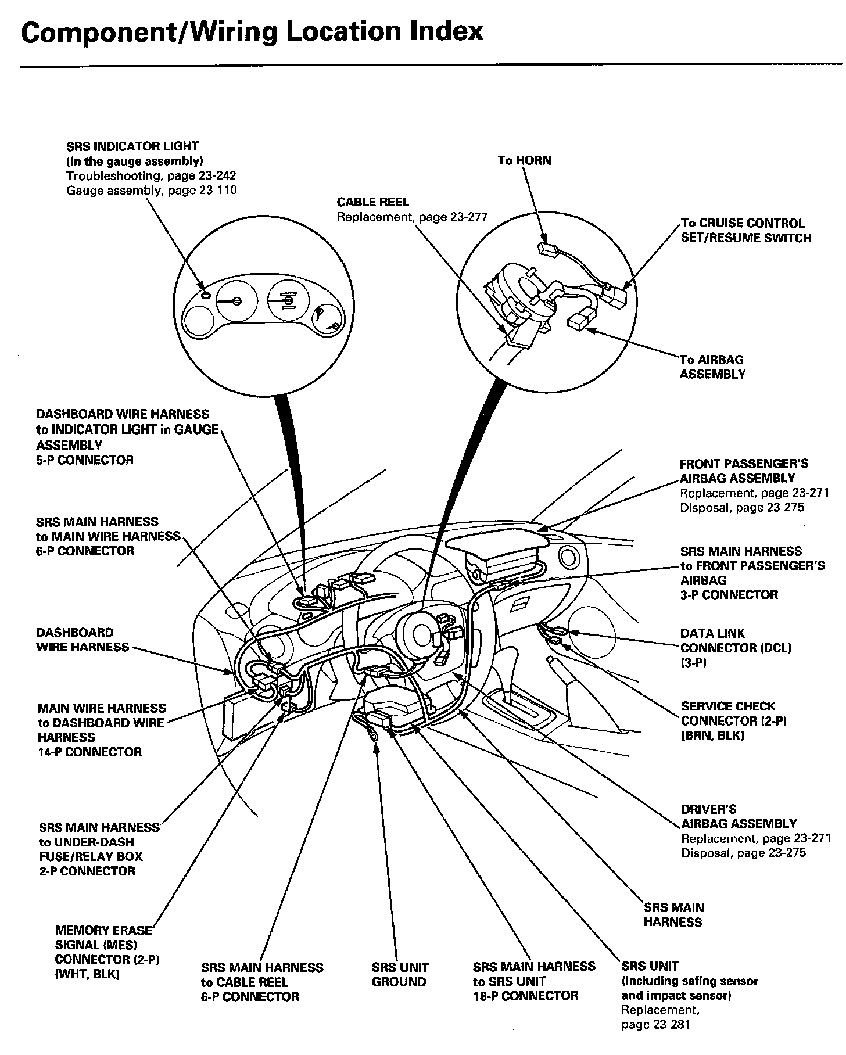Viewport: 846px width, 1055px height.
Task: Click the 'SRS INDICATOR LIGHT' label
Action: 132,146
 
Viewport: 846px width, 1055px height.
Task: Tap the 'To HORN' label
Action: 524,160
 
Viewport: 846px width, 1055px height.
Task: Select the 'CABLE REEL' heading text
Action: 372,202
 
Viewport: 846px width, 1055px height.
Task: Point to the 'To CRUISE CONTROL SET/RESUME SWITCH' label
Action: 745,231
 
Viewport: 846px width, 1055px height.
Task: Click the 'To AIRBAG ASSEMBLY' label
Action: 712,367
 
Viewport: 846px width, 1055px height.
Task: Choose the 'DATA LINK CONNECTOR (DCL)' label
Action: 736,641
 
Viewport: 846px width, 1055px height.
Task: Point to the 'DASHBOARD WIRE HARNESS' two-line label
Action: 83,640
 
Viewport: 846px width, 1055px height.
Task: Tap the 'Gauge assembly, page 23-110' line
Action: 151,190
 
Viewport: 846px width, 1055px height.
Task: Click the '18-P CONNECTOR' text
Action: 526,996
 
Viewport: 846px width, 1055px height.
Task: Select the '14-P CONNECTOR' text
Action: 89,752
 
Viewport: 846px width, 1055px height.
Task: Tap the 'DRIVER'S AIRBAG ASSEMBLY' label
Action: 739,816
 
